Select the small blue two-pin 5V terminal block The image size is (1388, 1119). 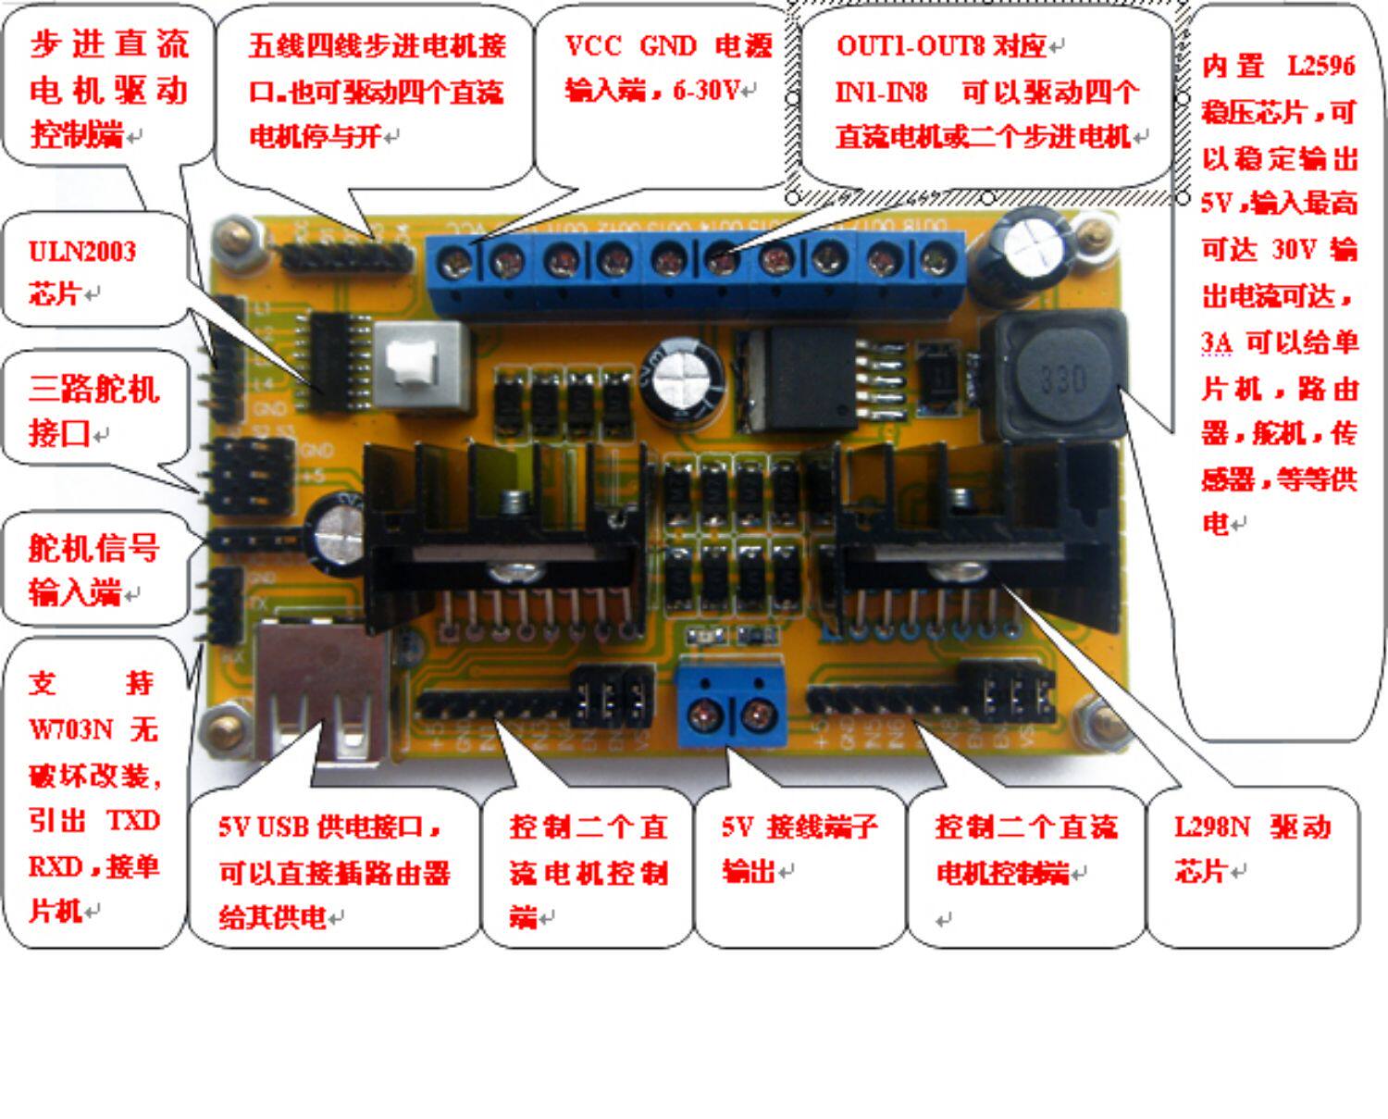(x=731, y=708)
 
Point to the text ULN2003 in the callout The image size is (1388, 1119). (x=82, y=252)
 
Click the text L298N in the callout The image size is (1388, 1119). (x=1211, y=826)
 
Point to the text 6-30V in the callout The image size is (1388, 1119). (x=708, y=91)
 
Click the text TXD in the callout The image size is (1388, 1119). (x=132, y=821)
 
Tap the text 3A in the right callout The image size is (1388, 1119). (x=1216, y=342)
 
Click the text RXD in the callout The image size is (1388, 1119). (x=56, y=866)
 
